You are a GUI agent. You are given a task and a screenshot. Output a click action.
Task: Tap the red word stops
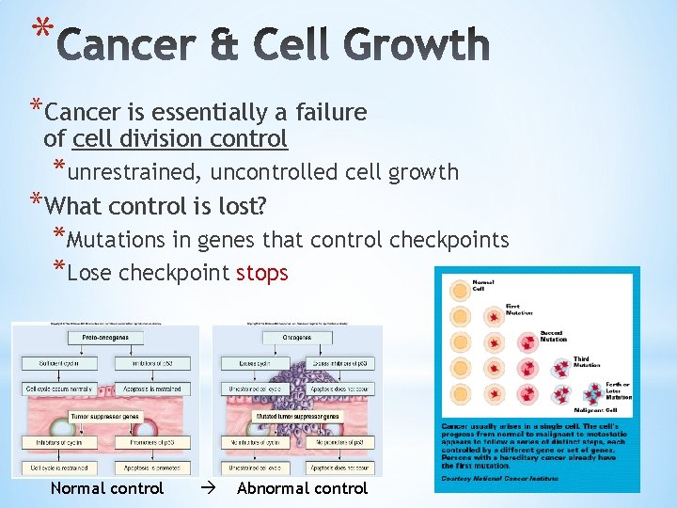261,273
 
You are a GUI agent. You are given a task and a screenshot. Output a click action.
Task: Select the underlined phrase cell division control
179,139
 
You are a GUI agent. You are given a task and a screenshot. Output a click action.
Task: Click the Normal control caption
106,488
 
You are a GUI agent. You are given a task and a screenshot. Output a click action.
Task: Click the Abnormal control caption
302,488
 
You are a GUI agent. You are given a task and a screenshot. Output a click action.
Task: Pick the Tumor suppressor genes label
104,415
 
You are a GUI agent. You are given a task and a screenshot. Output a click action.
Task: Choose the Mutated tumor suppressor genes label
297,415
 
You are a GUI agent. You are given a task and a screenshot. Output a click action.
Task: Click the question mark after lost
261,205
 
